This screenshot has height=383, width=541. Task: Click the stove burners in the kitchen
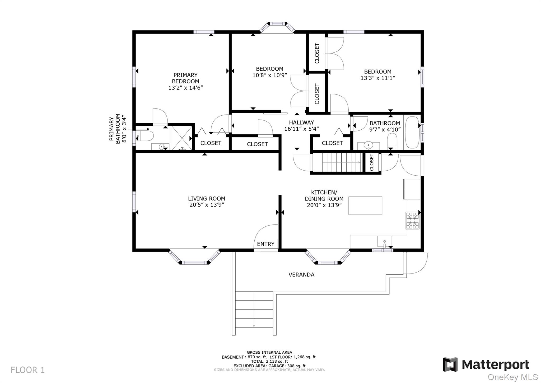click(412, 220)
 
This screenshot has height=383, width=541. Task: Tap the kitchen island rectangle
click(365, 206)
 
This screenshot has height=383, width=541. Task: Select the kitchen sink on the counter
click(384, 241)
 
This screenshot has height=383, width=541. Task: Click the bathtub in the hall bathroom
click(412, 132)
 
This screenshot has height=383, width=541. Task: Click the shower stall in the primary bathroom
click(181, 138)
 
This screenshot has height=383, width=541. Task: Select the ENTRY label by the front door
click(265, 244)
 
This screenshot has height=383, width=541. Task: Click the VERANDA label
click(301, 275)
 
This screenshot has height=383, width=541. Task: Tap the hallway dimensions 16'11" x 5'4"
click(301, 129)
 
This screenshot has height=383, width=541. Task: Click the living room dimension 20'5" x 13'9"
click(207, 205)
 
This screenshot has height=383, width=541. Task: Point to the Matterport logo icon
click(450, 364)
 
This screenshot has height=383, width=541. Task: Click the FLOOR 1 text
click(28, 370)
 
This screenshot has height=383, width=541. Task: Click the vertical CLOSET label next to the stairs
click(372, 162)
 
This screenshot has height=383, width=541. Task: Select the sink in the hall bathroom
click(368, 145)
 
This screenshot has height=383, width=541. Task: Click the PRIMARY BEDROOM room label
click(185, 78)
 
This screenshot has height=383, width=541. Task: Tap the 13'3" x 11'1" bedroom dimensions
click(377, 78)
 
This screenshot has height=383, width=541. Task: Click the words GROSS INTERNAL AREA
click(269, 352)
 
